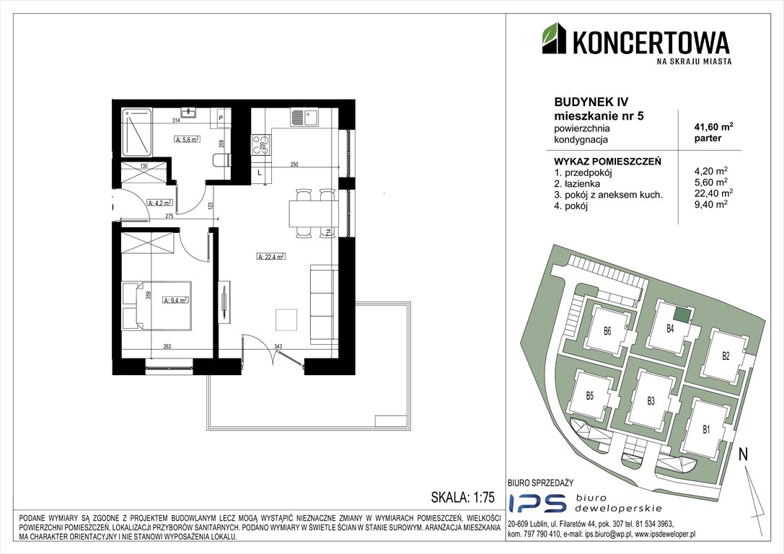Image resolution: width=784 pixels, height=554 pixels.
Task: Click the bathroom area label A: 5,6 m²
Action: [x=187, y=140]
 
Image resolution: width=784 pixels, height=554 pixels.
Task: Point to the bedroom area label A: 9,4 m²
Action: [x=175, y=300]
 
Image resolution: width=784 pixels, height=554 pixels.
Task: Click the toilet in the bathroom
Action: [x=221, y=160]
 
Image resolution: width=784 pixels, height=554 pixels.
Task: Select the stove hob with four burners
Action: [x=260, y=145]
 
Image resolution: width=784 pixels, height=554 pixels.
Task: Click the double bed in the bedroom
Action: [x=155, y=305]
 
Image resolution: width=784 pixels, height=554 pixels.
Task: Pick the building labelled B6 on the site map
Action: [x=607, y=332]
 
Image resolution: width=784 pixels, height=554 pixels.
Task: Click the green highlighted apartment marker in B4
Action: [x=681, y=315]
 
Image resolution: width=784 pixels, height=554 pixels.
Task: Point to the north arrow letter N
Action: [x=743, y=454]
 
